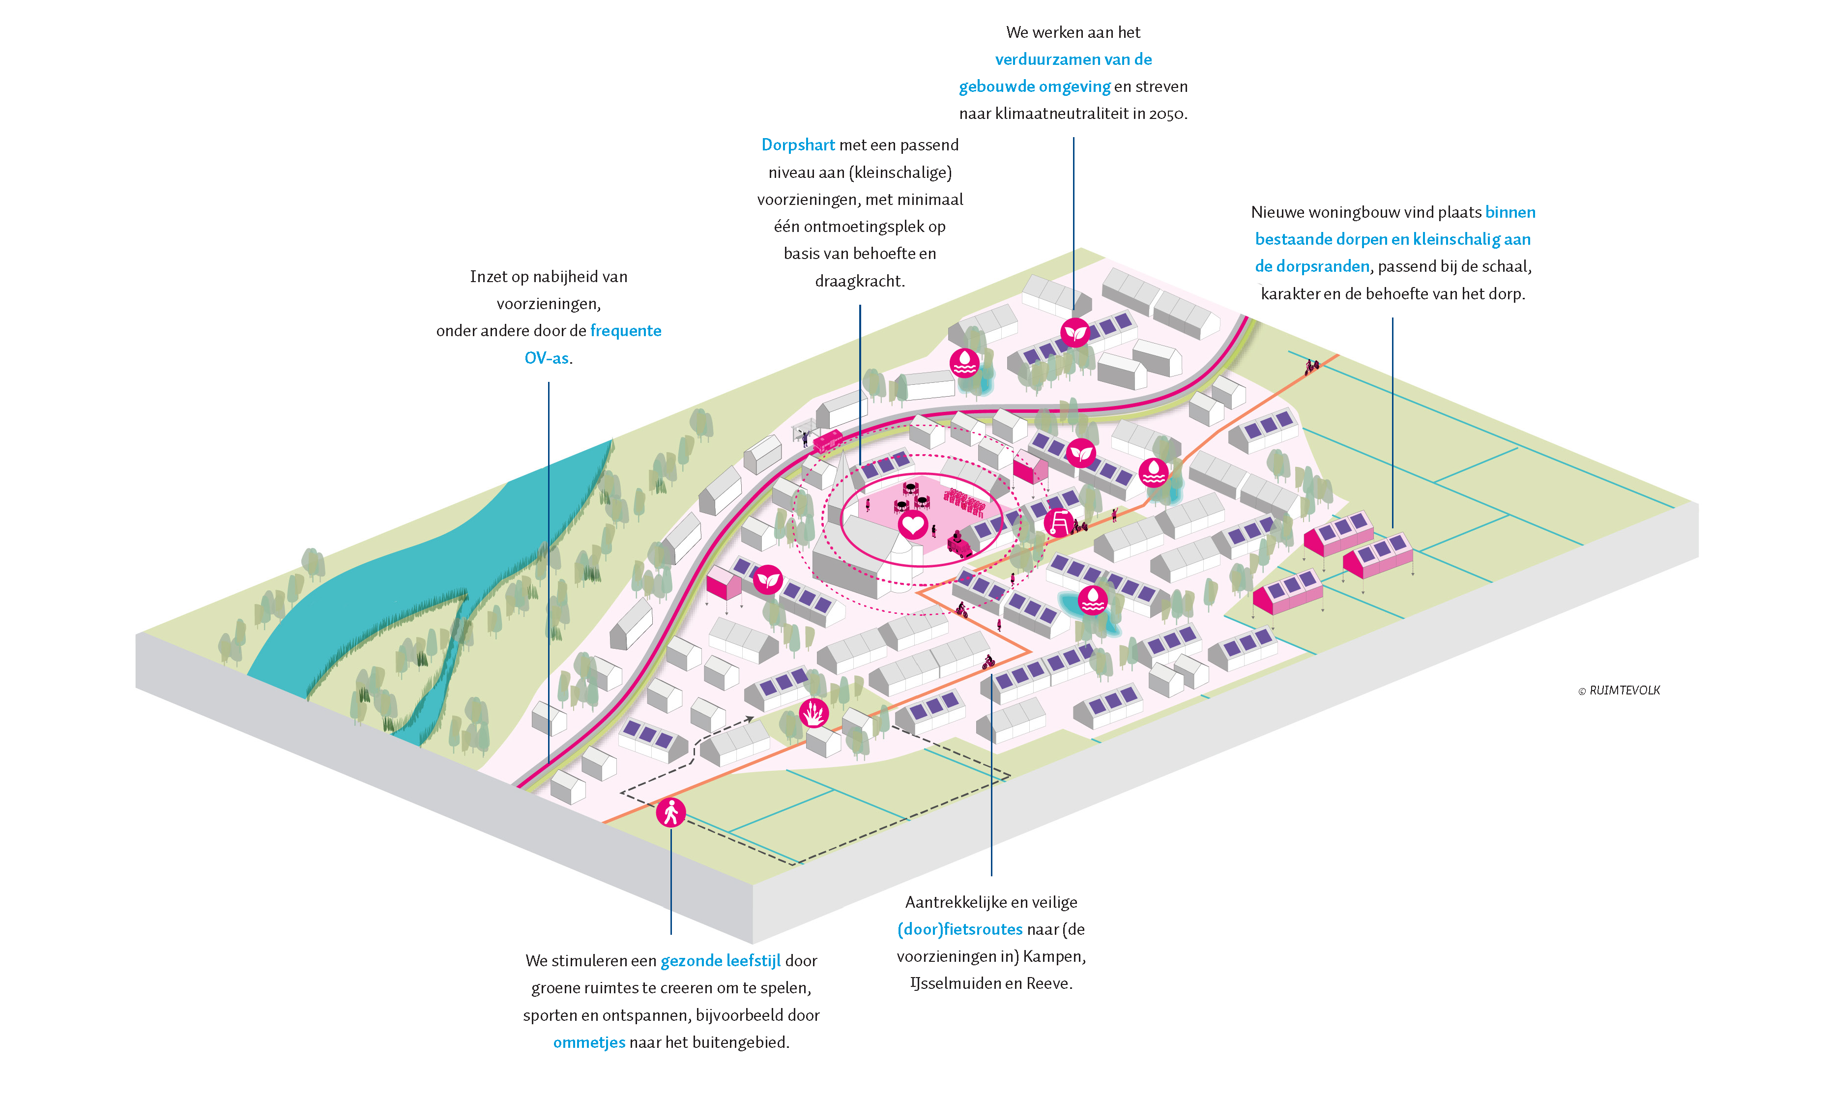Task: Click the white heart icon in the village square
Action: click(912, 525)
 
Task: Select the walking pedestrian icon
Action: click(670, 813)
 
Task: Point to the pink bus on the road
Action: click(828, 441)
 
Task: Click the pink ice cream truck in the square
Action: click(959, 545)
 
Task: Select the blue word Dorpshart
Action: click(798, 145)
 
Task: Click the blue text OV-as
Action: click(547, 358)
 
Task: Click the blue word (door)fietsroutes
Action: click(959, 929)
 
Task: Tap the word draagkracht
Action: click(859, 281)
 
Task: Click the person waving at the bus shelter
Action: click(805, 438)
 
